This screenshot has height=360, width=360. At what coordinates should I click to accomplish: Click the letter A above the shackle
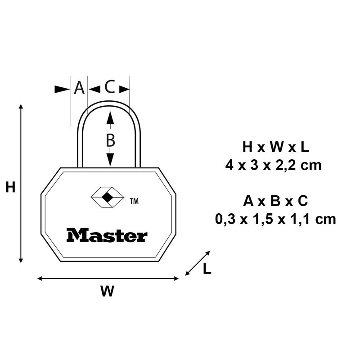[x=79, y=88]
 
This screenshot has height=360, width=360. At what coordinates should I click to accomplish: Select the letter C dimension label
[x=109, y=87]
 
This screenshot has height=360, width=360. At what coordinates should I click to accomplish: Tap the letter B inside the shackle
[x=110, y=140]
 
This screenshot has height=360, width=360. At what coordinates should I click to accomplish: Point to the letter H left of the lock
[x=10, y=187]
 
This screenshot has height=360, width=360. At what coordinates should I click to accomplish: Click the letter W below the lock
[x=107, y=291]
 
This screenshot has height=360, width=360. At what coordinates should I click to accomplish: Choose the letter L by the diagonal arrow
[x=207, y=269]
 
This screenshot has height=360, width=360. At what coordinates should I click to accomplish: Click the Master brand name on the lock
[x=107, y=235]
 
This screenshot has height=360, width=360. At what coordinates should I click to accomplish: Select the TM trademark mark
[x=134, y=202]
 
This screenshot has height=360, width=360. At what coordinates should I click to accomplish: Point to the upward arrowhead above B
[x=110, y=118]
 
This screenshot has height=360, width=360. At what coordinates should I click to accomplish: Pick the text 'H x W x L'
[x=275, y=148]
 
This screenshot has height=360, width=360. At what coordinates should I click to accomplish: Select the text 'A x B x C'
[x=275, y=201]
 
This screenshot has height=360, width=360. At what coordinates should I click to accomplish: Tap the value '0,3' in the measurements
[x=225, y=219]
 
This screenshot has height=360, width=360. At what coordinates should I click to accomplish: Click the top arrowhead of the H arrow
[x=21, y=107]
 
